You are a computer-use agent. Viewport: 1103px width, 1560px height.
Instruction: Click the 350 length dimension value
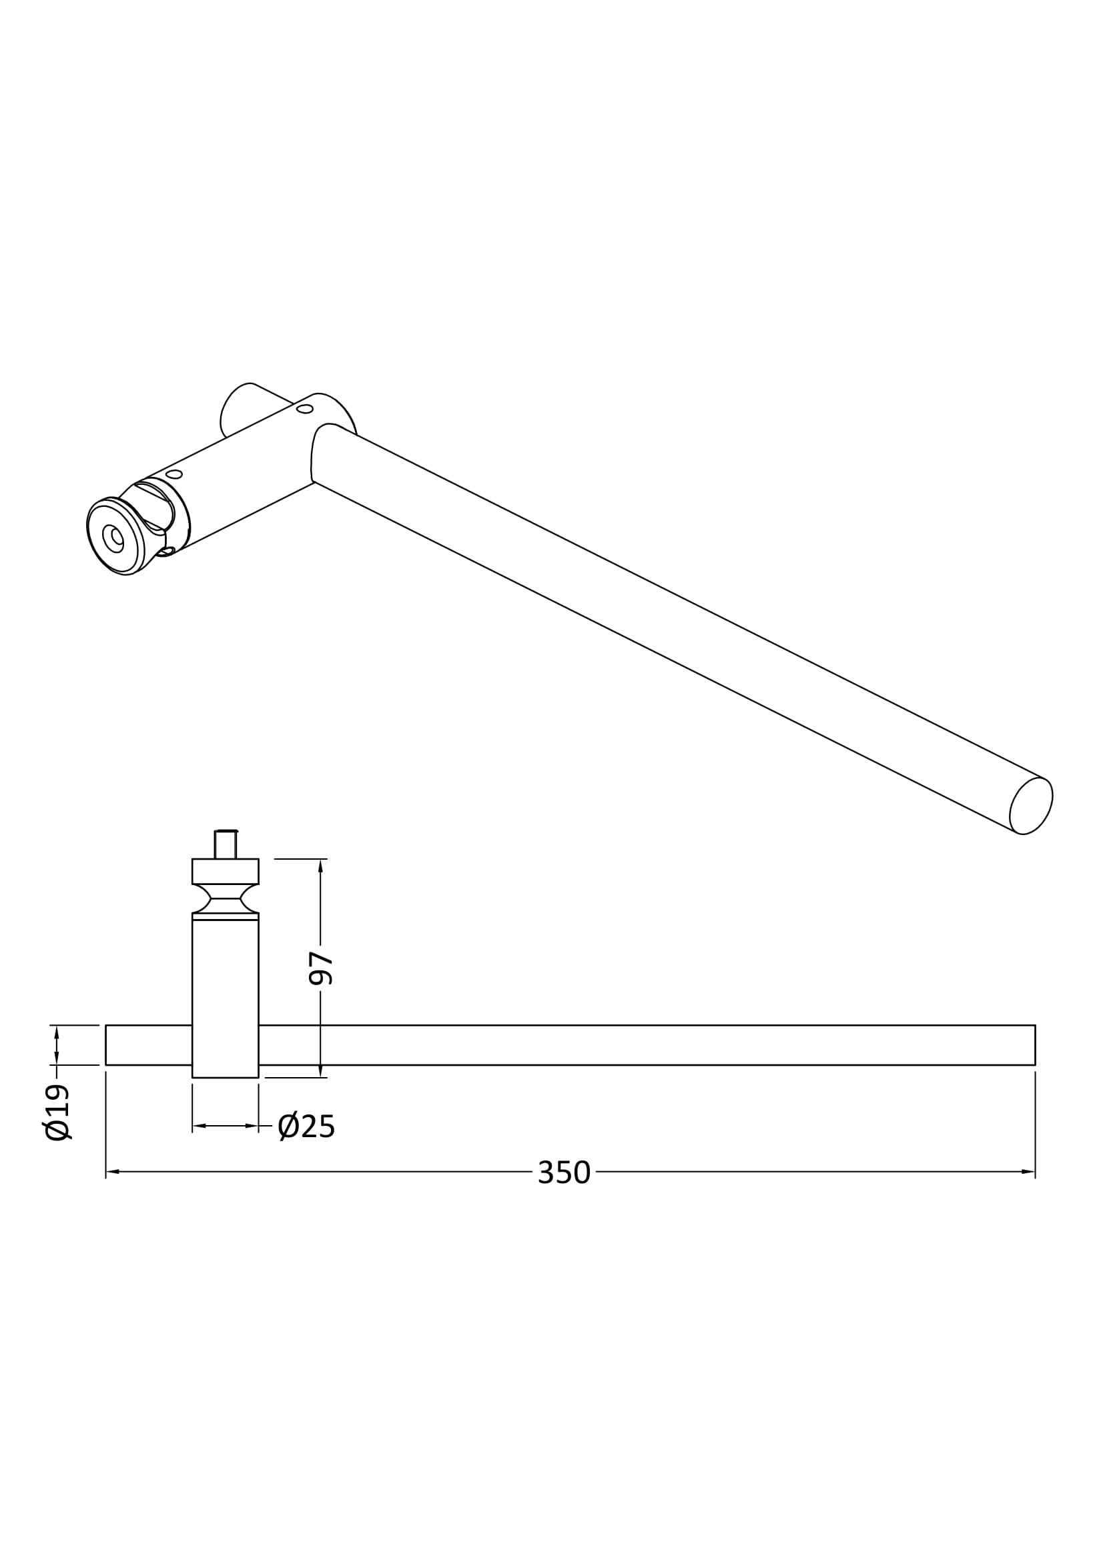[x=564, y=1172]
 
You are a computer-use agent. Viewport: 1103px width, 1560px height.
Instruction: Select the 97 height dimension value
[x=321, y=968]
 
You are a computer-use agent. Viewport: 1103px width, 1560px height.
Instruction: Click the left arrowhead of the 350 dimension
[x=113, y=1171]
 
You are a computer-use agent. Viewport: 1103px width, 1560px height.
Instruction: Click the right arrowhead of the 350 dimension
[x=1028, y=1171]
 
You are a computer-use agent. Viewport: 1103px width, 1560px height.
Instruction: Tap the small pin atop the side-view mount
[x=226, y=844]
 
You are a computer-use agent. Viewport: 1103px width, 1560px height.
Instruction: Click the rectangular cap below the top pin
[x=226, y=871]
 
